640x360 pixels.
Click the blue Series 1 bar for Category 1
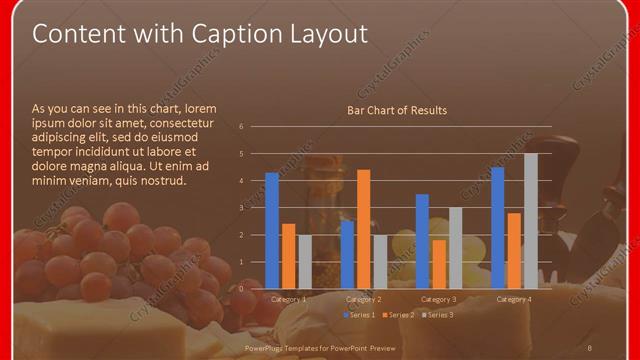pos(272,231)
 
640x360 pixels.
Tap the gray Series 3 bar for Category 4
pos(530,221)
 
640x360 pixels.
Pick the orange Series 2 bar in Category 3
pos(438,264)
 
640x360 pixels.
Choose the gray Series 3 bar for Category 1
pos(304,262)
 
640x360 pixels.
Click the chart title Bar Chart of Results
pos(397,110)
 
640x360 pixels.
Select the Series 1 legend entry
pos(360,315)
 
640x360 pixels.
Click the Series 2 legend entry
pos(398,315)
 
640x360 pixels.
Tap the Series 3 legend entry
pos(436,315)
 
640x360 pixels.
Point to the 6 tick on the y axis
pos(241,127)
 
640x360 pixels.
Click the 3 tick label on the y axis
pos(241,208)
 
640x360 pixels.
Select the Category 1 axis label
pos(289,299)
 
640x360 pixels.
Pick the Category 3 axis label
pos(439,299)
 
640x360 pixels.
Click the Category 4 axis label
pos(514,299)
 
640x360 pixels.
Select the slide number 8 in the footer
pos(590,346)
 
